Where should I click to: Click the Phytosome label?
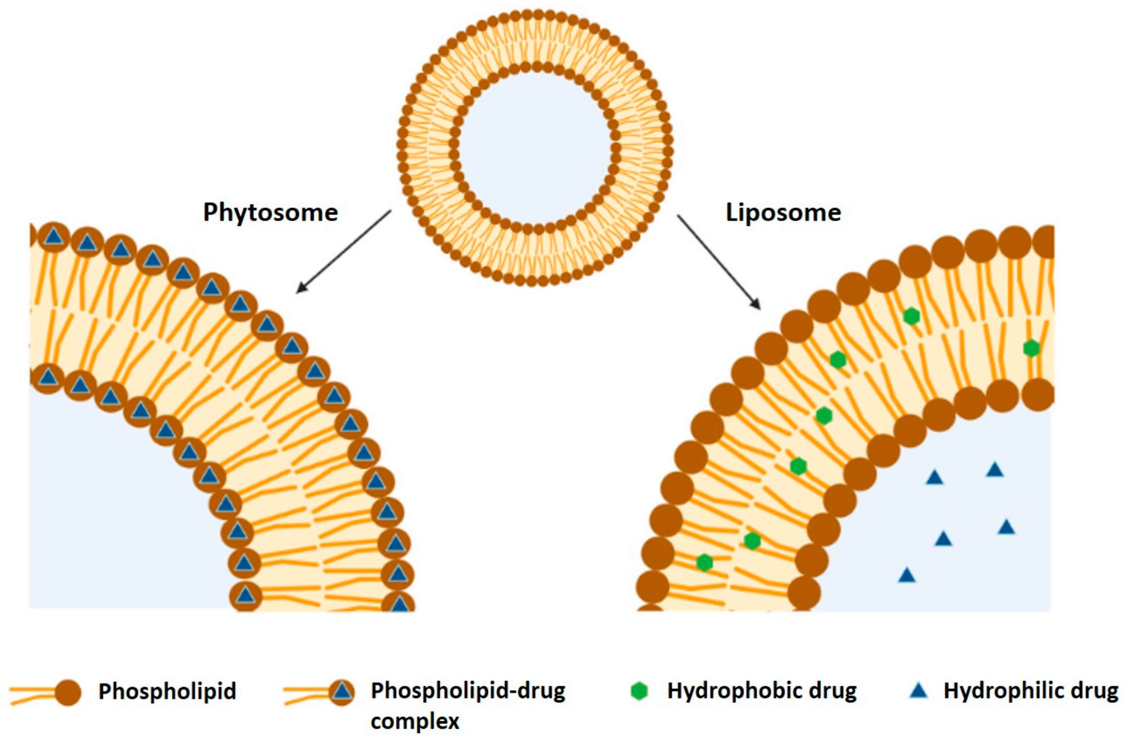point(271,213)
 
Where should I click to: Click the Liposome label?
point(783,213)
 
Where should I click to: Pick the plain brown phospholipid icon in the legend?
point(67,692)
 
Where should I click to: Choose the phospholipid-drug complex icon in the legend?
point(342,692)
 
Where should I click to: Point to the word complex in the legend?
point(415,722)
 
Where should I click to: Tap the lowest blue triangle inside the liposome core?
point(907,575)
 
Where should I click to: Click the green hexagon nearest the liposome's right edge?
point(1031,348)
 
